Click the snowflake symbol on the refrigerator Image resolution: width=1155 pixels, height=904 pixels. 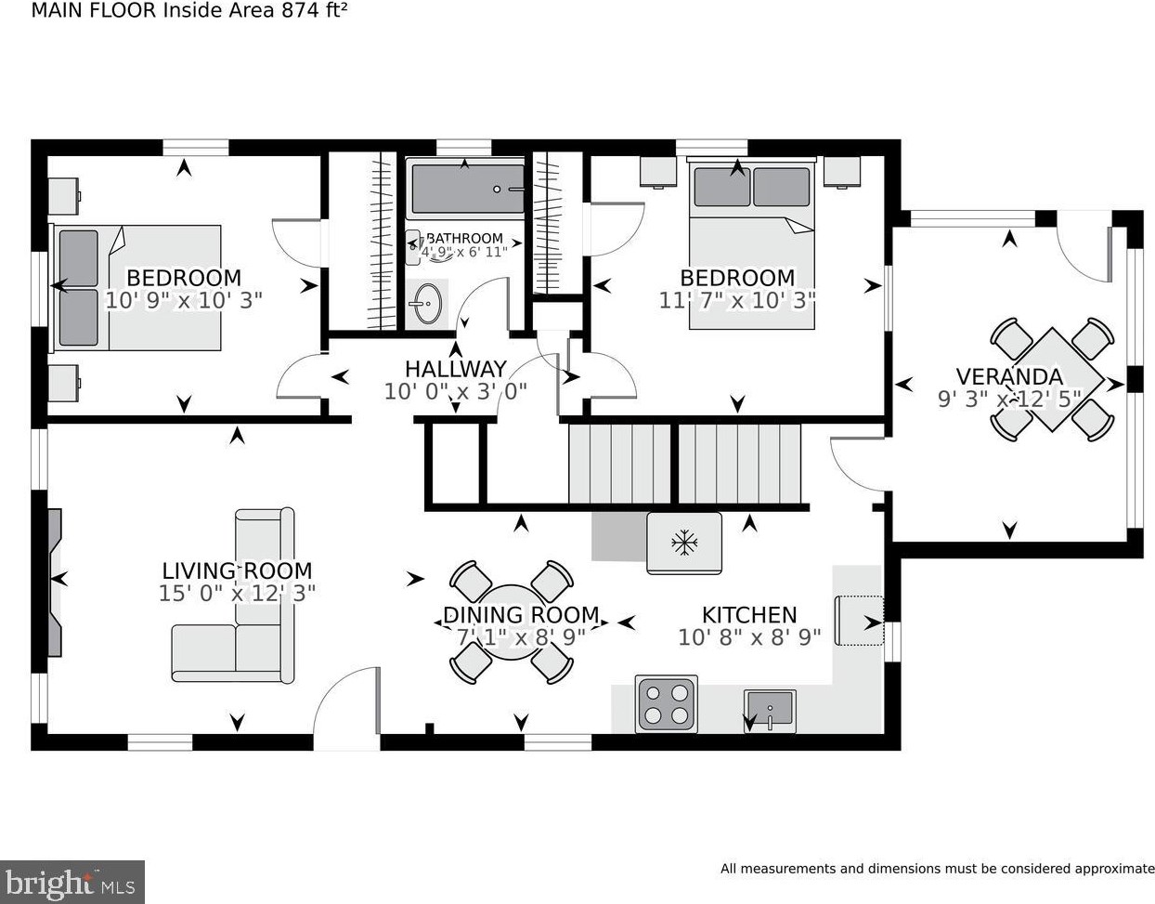(684, 543)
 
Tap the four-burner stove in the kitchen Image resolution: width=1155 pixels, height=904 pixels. (667, 704)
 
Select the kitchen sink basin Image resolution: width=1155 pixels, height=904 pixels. (770, 711)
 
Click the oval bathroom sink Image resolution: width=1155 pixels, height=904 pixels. (427, 304)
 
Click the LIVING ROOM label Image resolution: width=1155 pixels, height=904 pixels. (237, 570)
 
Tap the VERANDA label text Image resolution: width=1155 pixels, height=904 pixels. (1009, 376)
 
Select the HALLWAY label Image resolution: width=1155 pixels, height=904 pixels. (456, 369)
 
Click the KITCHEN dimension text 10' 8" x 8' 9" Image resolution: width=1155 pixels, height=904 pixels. (749, 637)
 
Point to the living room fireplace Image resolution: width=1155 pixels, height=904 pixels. (55, 583)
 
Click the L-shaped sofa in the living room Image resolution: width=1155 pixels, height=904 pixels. (233, 595)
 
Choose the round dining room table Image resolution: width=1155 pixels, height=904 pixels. (512, 622)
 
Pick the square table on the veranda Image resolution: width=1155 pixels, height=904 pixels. (1053, 379)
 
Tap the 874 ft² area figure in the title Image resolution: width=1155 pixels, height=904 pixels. (315, 10)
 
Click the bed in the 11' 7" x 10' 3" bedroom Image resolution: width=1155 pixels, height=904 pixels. (751, 243)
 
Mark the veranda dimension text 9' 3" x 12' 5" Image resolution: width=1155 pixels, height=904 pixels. (1009, 399)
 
